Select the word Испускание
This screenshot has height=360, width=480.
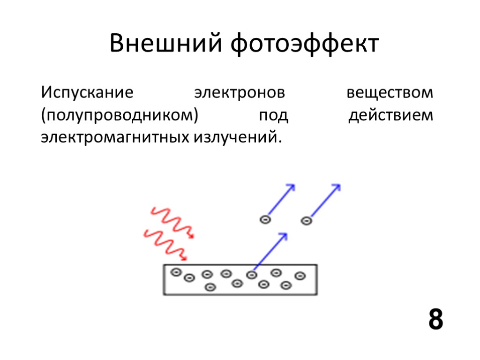tap(87, 92)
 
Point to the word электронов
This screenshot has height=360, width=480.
tap(240, 92)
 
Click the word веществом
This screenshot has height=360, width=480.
tap(390, 92)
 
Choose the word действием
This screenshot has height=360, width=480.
tap(391, 115)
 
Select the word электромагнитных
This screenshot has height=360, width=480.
tap(115, 138)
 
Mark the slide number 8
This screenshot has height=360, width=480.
tap(435, 320)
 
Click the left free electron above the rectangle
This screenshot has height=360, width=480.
tap(265, 219)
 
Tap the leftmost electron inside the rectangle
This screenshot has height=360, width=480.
tap(176, 272)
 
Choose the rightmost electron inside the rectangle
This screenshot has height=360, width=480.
tap(299, 276)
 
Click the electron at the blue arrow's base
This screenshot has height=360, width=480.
tap(253, 274)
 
